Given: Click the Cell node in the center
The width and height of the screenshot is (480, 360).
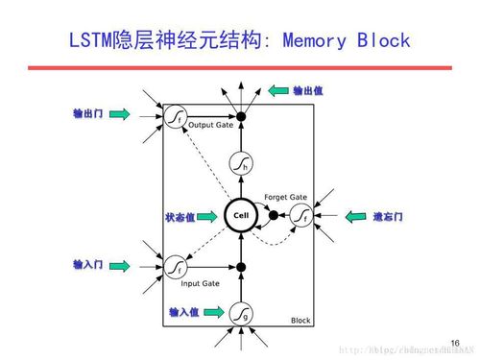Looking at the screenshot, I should tap(241, 216).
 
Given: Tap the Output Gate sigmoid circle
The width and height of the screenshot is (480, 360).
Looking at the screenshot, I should tap(175, 116).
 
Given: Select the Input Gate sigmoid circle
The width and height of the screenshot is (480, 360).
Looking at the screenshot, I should tap(175, 264).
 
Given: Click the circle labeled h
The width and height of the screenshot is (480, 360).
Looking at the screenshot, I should tap(242, 164).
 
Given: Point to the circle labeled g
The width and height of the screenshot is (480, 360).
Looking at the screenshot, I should tap(241, 312).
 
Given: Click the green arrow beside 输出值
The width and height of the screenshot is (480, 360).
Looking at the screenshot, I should tap(278, 91).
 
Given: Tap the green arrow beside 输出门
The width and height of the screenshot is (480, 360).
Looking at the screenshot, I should tap(119, 114).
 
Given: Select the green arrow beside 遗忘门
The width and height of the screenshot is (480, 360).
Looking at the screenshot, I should tap(357, 216).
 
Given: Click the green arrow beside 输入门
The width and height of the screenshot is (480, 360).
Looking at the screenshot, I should tap(119, 264).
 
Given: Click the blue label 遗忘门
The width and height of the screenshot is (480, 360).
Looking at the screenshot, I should tap(388, 217).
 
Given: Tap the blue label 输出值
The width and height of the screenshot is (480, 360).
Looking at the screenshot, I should tap(308, 91).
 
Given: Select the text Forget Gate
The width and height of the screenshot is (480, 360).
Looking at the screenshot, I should tap(284, 197).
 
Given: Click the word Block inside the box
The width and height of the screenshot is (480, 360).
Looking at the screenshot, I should tap(300, 321).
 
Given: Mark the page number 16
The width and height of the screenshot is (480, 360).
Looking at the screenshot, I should tap(455, 342).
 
